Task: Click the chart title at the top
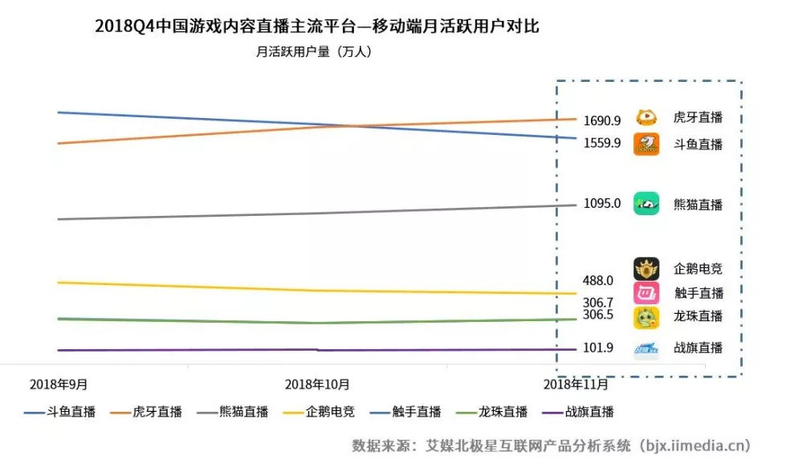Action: pos(316,26)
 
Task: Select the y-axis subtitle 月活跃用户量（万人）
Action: pos(314,52)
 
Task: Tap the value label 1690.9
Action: pos(602,121)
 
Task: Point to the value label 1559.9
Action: pos(602,143)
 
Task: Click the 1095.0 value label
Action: pos(602,203)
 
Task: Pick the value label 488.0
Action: pos(598,280)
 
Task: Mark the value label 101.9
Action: pos(598,348)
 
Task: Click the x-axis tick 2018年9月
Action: pos(58,384)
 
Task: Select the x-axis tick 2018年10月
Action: pos(317,384)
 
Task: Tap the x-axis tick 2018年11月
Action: pos(575,384)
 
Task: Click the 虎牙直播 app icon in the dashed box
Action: pos(646,117)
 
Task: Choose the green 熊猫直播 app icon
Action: pos(646,204)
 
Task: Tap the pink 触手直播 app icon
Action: pos(646,293)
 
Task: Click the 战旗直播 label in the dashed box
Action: pos(698,348)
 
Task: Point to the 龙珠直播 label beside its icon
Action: pos(698,316)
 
